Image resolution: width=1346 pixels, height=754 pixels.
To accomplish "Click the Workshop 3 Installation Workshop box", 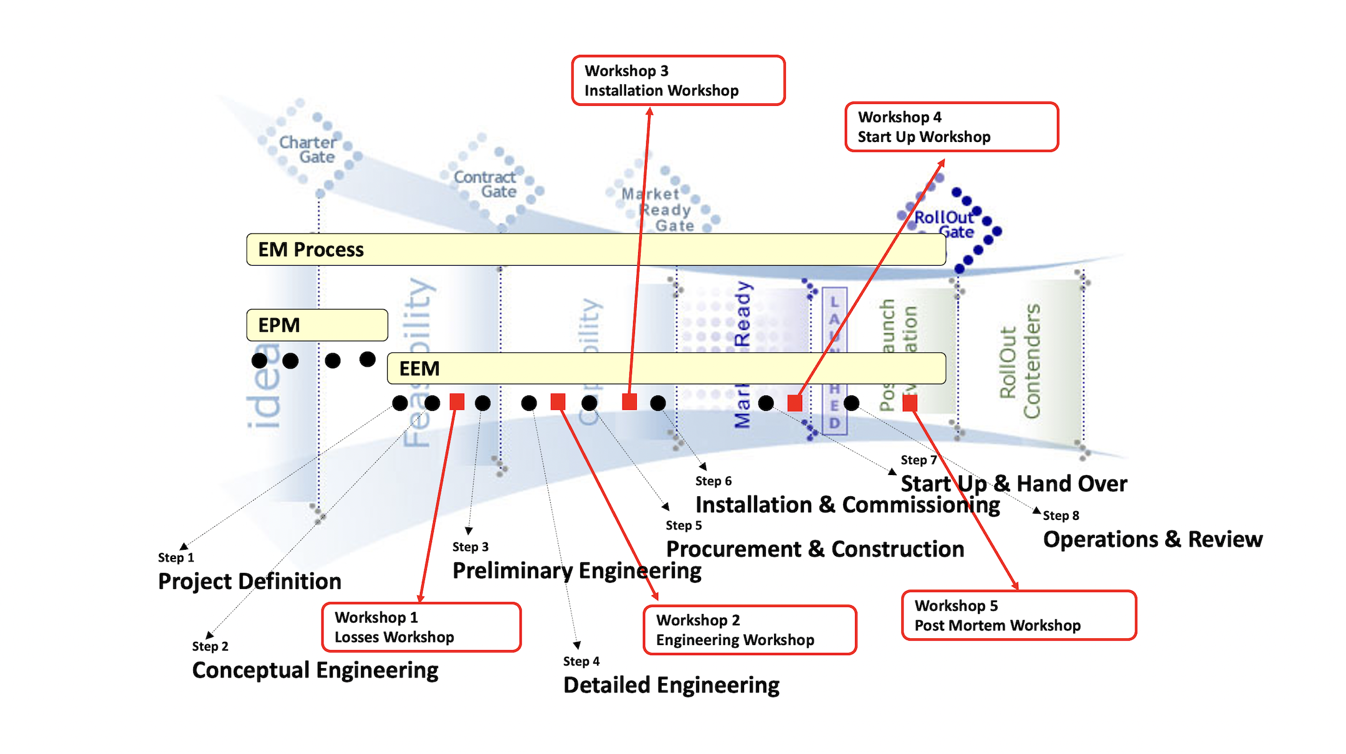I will [x=678, y=80].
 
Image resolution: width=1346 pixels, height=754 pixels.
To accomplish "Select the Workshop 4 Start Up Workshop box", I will [x=951, y=127].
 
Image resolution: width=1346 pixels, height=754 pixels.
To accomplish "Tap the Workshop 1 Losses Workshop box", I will [x=421, y=627].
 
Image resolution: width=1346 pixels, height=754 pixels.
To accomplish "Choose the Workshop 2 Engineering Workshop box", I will [x=750, y=630].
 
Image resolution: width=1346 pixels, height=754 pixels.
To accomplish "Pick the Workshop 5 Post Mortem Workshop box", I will [x=1019, y=615].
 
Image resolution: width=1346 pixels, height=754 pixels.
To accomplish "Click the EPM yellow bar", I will [x=317, y=325].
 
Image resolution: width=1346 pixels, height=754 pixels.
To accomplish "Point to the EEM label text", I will [x=419, y=369].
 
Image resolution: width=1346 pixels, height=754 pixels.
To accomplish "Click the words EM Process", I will [x=311, y=250].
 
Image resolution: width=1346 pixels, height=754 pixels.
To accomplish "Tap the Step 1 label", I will [x=176, y=557].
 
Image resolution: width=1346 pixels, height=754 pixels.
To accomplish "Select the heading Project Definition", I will [x=249, y=581].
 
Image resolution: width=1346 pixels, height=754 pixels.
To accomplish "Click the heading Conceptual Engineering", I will [x=315, y=670].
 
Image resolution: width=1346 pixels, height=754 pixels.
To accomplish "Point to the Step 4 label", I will [x=581, y=661].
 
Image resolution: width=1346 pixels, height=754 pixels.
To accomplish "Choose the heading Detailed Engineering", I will [x=671, y=685].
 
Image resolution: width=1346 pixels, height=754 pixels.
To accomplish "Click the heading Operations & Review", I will [x=1153, y=539].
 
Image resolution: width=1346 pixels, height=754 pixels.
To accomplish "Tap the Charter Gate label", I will [x=308, y=149].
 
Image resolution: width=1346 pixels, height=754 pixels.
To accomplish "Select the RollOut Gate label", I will [x=944, y=225].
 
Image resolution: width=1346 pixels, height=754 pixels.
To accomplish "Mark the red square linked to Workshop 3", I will [x=629, y=402].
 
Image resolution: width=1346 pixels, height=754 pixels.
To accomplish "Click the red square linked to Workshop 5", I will [x=910, y=403].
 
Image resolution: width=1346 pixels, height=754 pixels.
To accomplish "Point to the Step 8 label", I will [x=1061, y=516].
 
